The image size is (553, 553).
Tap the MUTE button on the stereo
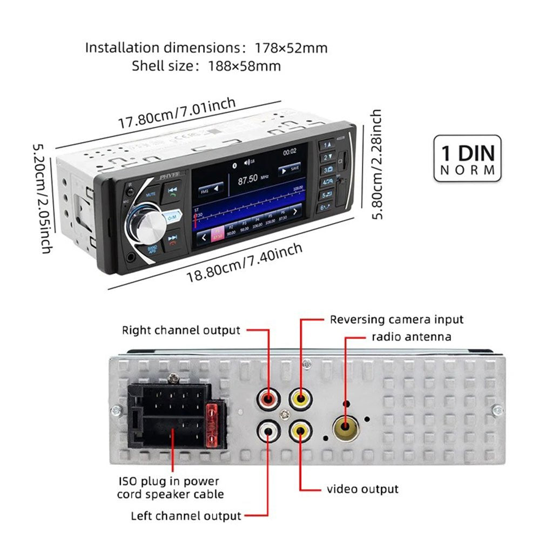[151, 193]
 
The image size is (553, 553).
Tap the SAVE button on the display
[289, 169]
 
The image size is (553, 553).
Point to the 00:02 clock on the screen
[289, 152]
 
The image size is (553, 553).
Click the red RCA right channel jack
[268, 399]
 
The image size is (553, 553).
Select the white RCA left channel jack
[268, 430]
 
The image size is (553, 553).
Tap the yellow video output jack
[300, 430]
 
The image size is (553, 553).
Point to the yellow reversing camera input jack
[300, 399]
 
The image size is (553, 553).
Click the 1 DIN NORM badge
[468, 159]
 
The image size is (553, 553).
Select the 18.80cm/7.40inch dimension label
[244, 264]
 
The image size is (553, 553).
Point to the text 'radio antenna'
[411, 337]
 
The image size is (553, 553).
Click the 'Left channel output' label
[186, 516]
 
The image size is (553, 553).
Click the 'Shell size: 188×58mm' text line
[206, 66]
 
